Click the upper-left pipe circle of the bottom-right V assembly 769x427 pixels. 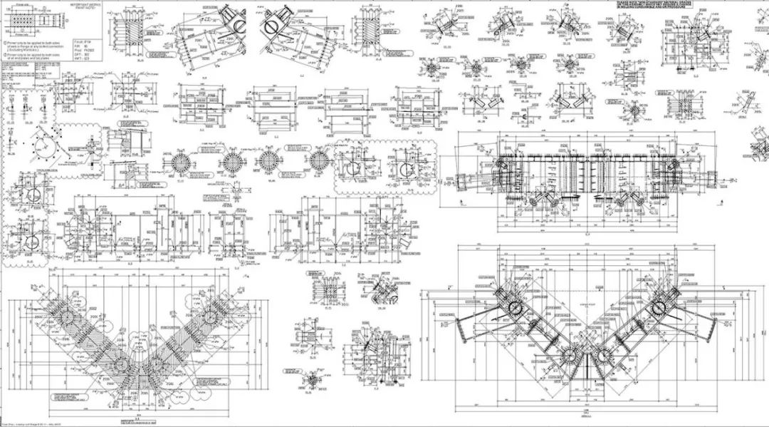point(513,309)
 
